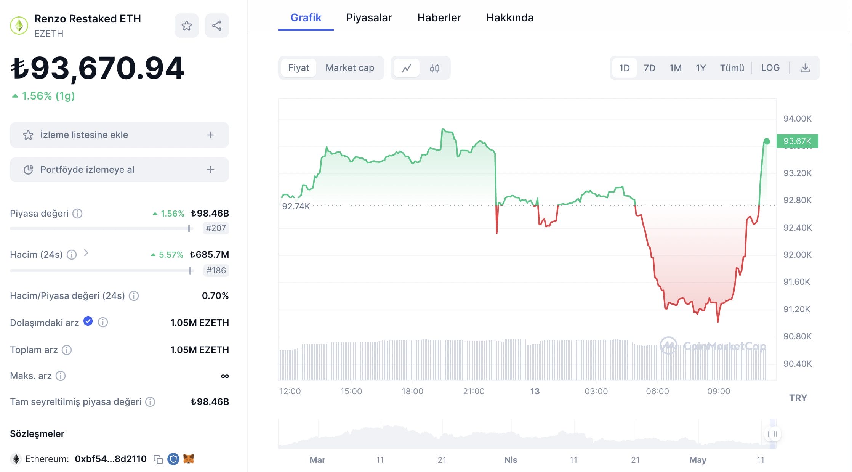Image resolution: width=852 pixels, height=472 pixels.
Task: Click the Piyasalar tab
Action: tap(368, 18)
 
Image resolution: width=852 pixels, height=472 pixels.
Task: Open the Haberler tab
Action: tap(439, 18)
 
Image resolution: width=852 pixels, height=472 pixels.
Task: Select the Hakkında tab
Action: tap(510, 18)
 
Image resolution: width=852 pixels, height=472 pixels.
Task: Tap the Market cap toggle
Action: tap(349, 68)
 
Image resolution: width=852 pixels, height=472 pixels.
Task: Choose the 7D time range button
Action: tap(649, 68)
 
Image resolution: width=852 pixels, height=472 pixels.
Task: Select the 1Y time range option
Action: tap(700, 68)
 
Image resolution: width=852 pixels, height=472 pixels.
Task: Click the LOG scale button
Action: tap(770, 68)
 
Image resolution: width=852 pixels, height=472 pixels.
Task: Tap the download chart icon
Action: tap(805, 68)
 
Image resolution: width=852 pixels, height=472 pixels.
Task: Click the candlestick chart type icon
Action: tap(434, 68)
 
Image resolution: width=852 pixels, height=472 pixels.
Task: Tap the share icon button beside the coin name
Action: tap(217, 26)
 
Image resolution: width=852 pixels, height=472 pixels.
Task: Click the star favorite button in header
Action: tap(186, 26)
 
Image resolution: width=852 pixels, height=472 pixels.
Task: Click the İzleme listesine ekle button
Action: tap(119, 135)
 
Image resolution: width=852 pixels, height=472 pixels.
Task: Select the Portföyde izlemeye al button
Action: tap(119, 170)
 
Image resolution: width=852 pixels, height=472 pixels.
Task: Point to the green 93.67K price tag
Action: tap(797, 141)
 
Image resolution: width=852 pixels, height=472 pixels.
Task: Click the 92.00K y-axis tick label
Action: tap(797, 255)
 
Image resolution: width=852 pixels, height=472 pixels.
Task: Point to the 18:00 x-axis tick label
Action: tap(412, 391)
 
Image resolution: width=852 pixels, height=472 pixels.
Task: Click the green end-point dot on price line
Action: tap(767, 141)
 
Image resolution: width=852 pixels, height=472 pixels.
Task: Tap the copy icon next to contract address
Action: tap(158, 459)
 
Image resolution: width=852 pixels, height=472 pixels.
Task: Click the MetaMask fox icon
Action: tap(189, 459)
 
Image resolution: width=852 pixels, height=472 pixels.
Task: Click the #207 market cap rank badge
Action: tap(216, 228)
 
